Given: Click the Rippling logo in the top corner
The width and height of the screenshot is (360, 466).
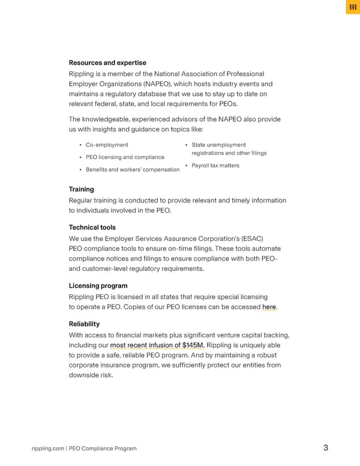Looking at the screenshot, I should (352, 8).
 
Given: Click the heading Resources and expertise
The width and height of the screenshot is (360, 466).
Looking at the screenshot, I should (107, 62).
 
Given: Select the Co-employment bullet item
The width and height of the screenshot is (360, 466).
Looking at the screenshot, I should (107, 145).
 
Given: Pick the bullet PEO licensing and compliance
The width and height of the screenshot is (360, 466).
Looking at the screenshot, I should (125, 157).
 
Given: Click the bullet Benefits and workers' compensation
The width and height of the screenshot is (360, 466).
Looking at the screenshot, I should (132, 170).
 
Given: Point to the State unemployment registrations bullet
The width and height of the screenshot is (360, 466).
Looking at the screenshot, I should (229, 149).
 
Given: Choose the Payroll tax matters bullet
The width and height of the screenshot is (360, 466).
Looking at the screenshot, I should (215, 165).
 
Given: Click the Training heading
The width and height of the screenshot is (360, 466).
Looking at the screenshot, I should (81, 189).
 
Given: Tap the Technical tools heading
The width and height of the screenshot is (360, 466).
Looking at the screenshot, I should (92, 228).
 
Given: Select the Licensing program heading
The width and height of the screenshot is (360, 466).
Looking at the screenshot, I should (98, 286).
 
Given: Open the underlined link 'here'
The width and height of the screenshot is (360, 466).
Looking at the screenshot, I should (269, 307).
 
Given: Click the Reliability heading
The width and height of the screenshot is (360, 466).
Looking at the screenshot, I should (84, 324).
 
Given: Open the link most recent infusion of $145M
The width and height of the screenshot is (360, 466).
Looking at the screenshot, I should (157, 345).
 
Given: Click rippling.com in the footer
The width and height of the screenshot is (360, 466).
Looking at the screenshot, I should (47, 448).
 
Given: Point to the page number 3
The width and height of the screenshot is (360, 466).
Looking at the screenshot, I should (325, 447).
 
